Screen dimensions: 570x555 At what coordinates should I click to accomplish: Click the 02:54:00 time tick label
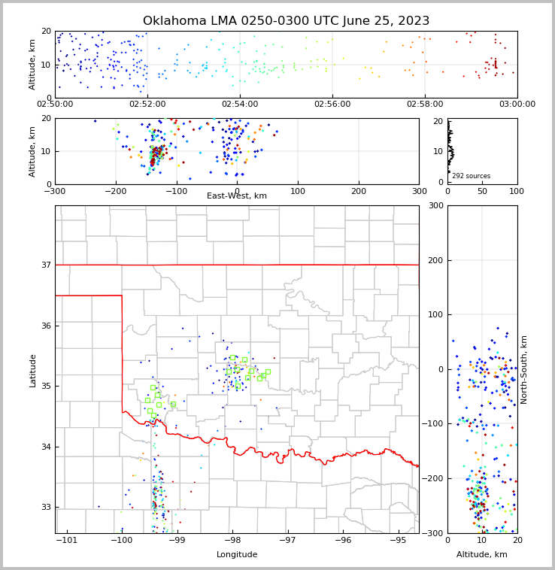(240, 104)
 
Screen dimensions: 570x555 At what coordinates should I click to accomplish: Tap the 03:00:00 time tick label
(517, 104)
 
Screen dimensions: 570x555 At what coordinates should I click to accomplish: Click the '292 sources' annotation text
(471, 176)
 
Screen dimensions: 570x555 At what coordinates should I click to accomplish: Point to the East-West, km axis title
(237, 196)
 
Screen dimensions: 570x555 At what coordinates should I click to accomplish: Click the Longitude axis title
(237, 555)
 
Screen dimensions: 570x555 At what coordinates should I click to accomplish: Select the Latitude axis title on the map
(33, 370)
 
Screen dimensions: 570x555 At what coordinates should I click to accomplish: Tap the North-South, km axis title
(524, 369)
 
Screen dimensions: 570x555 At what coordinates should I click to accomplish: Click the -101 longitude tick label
(67, 541)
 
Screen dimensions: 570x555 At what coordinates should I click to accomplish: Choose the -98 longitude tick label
(232, 541)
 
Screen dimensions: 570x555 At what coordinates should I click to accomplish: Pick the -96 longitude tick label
(343, 541)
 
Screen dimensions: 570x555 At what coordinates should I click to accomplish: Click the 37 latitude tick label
(46, 265)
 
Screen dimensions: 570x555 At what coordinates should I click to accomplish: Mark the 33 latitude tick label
(46, 507)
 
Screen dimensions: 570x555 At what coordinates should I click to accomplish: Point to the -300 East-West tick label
(55, 191)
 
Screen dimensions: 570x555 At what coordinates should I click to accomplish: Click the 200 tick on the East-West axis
(359, 191)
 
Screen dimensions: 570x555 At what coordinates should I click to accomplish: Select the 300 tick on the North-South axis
(435, 206)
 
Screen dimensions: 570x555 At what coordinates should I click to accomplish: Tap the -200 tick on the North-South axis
(432, 478)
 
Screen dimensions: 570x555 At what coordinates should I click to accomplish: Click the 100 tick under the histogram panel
(516, 191)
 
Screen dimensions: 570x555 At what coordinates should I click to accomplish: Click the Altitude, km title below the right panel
(482, 555)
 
